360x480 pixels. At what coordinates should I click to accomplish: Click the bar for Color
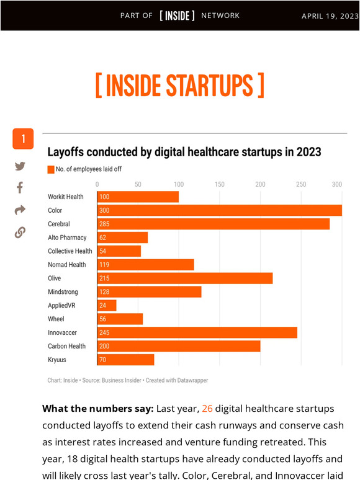pos(219,210)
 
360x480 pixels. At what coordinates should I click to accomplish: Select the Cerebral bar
pos(213,224)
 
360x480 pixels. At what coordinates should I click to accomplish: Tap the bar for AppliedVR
pos(107,305)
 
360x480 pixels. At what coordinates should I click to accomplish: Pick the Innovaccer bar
pos(197,332)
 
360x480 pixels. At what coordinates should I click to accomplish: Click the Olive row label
pos(55,278)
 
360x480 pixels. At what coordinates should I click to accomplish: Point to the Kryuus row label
pos(57,360)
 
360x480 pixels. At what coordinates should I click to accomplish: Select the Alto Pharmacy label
pos(67,238)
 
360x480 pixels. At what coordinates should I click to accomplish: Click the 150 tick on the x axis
pos(219,184)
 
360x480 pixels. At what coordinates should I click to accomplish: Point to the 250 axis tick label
pos(301,184)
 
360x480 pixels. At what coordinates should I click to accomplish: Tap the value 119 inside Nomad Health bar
pos(104,265)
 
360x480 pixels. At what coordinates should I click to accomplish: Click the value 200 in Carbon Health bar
pos(104,346)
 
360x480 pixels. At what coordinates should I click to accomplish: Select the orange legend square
pos(51,169)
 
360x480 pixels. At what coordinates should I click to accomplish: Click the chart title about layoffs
pos(184,152)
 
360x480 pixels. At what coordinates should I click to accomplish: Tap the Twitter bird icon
pos(20,166)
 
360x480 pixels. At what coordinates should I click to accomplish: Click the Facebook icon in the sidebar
pos(20,187)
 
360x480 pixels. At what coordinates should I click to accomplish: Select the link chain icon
pos(20,233)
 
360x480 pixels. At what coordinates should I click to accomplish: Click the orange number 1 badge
pos(23,139)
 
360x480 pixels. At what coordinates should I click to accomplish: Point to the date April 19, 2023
pos(330,16)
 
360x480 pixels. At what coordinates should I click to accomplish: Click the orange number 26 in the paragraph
pos(207,409)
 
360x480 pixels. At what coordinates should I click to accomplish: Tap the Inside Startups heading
pos(180,86)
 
